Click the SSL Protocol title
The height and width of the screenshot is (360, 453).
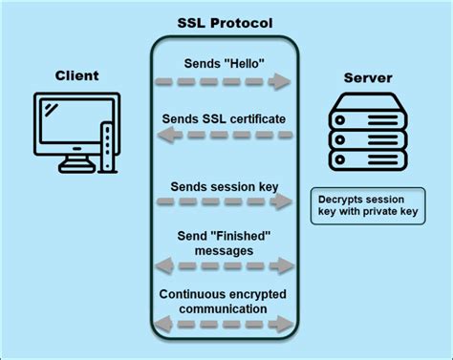(x=225, y=22)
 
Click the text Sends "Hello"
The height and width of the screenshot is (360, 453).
(x=226, y=63)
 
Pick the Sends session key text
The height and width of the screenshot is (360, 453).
(x=226, y=185)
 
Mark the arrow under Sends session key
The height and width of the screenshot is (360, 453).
(x=226, y=202)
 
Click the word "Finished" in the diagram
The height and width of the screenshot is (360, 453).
(x=239, y=236)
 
